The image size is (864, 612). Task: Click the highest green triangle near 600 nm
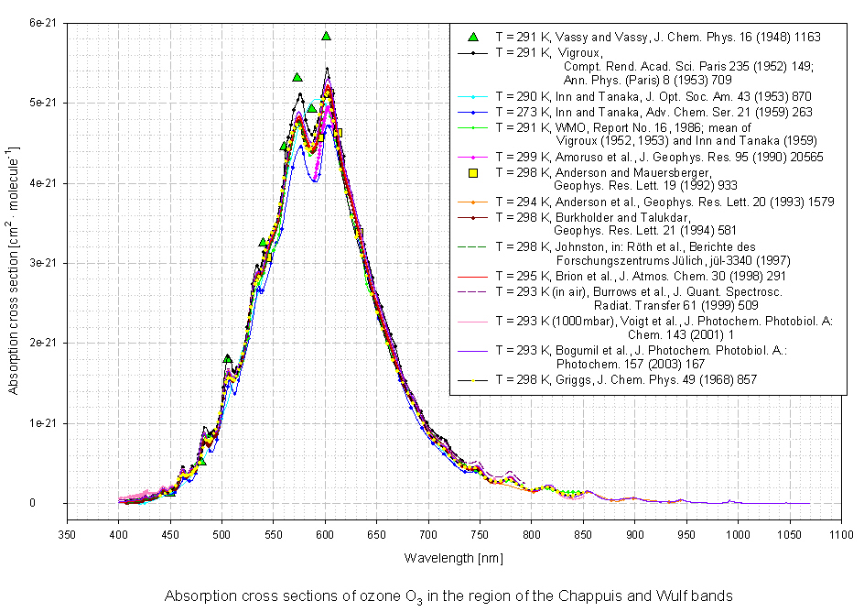point(326,36)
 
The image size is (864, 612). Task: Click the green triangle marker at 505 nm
point(228,358)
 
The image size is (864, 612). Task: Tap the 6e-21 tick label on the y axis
point(42,23)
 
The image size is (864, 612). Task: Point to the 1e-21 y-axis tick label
point(42,423)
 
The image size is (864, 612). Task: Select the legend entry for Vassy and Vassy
point(657,38)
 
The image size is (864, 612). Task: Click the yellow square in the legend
point(474,172)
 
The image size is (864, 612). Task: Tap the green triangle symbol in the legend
point(474,38)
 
